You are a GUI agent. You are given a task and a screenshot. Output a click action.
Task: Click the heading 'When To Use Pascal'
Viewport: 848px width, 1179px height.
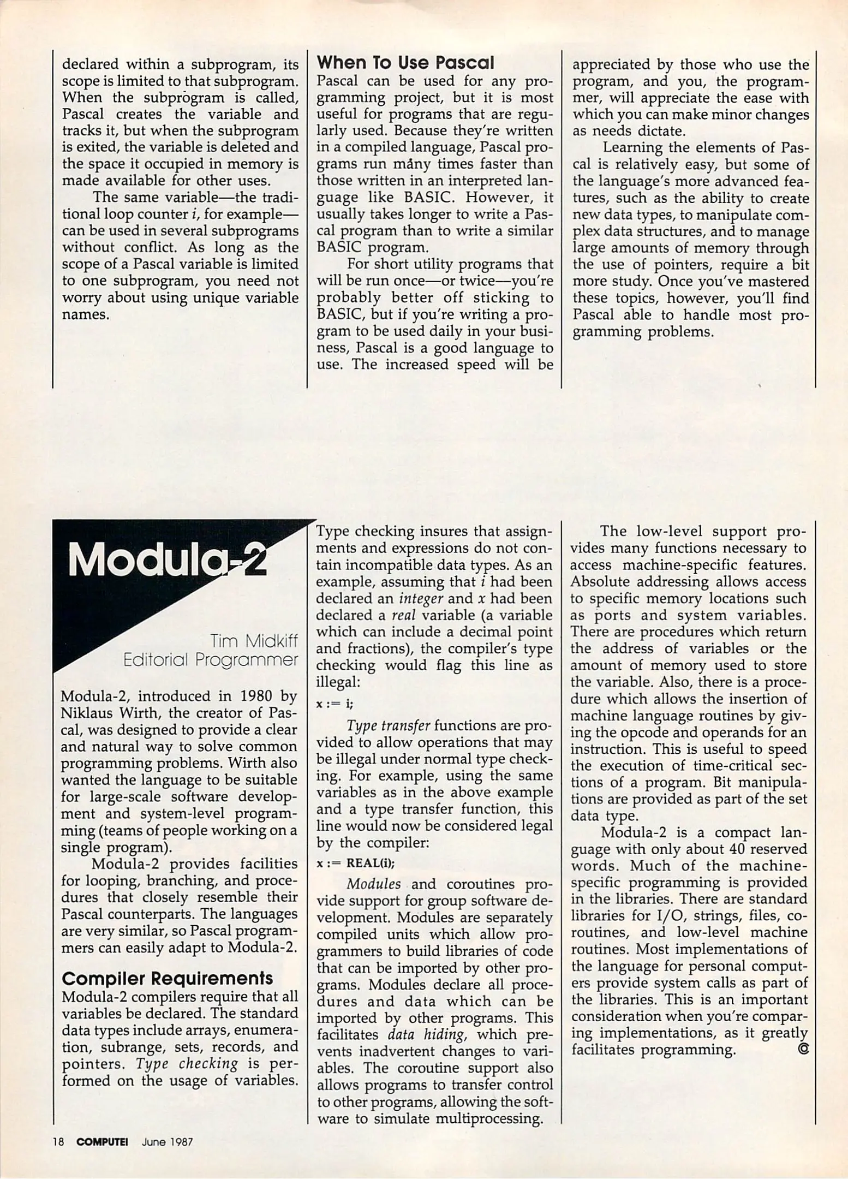(405, 63)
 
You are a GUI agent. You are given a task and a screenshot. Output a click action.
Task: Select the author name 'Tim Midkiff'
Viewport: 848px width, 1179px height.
(254, 640)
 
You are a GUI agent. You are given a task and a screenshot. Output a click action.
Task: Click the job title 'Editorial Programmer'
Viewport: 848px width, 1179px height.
(211, 659)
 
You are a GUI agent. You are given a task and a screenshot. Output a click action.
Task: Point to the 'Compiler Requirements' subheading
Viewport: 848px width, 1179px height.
(168, 978)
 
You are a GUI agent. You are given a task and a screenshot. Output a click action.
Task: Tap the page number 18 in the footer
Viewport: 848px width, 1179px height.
(59, 1141)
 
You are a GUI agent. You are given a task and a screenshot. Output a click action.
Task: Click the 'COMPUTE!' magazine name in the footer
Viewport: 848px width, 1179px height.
(102, 1141)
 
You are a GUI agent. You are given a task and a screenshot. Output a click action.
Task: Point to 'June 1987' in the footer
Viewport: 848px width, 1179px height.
(167, 1141)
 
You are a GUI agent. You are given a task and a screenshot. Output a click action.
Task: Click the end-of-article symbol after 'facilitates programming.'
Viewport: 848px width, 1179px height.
(802, 1049)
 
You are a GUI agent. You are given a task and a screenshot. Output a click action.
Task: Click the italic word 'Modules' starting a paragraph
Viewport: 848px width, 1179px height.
(373, 884)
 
